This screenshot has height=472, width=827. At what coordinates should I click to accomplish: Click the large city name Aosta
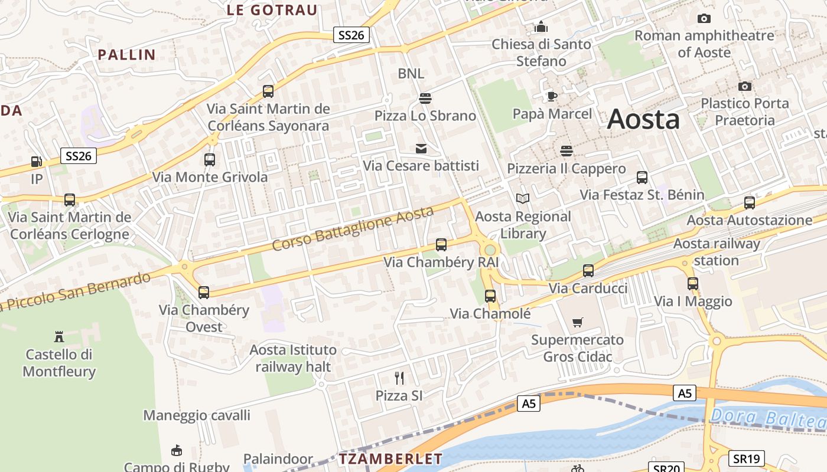(643, 119)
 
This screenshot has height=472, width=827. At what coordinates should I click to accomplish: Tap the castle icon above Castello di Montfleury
(59, 337)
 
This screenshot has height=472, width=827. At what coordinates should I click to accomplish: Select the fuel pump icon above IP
(37, 162)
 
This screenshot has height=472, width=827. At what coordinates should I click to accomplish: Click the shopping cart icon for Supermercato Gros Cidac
(578, 322)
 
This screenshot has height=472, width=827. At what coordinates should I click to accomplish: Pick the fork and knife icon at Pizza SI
(399, 378)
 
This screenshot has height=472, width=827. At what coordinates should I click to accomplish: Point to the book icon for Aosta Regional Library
(523, 199)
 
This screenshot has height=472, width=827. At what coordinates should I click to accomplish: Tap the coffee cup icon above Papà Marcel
(552, 96)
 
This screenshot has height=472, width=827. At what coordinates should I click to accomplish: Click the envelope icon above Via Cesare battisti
(421, 148)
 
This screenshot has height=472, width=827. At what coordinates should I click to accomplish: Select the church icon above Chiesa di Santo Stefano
(541, 27)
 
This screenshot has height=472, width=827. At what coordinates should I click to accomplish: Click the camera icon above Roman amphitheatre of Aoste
(704, 19)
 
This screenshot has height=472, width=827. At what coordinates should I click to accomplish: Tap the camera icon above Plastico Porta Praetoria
(745, 86)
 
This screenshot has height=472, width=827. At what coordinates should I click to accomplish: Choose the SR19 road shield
(747, 458)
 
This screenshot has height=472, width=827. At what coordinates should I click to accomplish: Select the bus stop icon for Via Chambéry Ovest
(204, 292)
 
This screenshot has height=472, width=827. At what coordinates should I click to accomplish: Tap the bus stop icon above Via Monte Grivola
(210, 159)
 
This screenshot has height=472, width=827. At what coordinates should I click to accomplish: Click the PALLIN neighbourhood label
(126, 55)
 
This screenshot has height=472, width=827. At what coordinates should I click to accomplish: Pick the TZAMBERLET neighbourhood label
(390, 459)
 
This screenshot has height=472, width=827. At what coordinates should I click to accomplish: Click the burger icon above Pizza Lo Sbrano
(425, 98)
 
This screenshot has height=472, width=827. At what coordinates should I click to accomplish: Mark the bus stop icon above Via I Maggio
(693, 284)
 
